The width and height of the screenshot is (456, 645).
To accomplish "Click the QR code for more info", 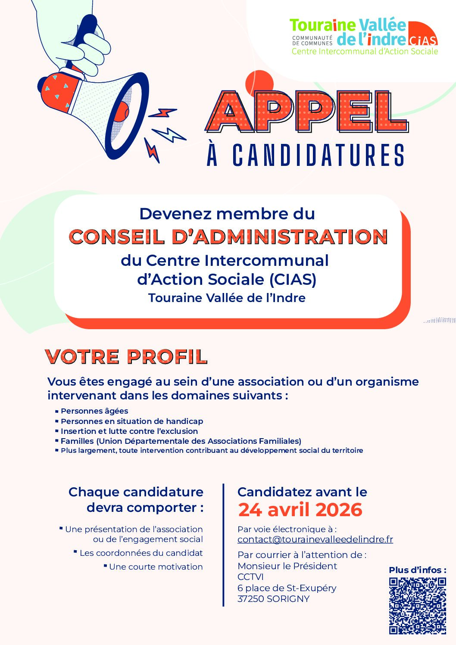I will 417,605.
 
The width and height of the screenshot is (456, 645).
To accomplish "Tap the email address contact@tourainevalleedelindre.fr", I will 315,539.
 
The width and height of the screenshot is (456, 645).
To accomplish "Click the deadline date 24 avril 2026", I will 300,510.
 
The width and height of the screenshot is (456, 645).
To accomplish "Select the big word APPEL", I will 306,112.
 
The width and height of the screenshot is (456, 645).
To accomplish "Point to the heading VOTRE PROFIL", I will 126,357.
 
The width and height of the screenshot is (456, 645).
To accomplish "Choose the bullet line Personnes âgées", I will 94,411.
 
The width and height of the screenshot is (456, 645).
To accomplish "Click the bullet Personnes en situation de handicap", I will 131,421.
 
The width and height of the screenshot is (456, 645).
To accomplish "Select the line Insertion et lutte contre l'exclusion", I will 129,431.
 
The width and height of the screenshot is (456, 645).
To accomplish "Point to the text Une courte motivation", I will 156,567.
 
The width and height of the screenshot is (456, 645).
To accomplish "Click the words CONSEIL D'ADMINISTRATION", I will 228,237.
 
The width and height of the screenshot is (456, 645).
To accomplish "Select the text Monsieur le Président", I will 287,566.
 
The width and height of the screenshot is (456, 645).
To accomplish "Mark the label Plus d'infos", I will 417,570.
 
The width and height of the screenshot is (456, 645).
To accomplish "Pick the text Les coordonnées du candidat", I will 141,553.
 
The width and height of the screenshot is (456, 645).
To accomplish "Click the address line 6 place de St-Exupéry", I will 287,588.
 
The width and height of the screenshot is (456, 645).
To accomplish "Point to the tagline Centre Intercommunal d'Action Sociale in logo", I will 365,51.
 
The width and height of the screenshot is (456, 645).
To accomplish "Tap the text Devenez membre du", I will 227,214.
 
